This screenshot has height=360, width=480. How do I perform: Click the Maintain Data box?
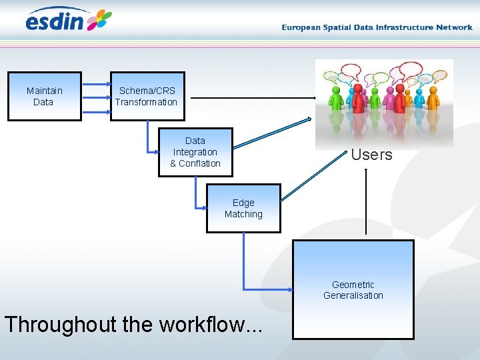click(44, 96)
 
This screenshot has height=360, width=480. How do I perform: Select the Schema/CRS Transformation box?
click(147, 96)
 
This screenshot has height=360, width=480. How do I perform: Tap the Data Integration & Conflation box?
click(195, 152)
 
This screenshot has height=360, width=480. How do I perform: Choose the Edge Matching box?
click(243, 209)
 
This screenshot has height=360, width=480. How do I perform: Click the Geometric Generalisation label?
click(353, 290)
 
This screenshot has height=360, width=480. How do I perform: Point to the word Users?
click(371, 155)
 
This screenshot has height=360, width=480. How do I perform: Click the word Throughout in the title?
click(60, 324)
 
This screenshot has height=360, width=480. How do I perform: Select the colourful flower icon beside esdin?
click(99, 20)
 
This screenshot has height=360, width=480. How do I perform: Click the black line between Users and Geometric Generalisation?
click(366, 203)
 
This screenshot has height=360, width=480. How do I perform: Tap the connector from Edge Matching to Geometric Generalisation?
click(244, 267)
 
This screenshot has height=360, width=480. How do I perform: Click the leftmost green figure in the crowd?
click(335, 97)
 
